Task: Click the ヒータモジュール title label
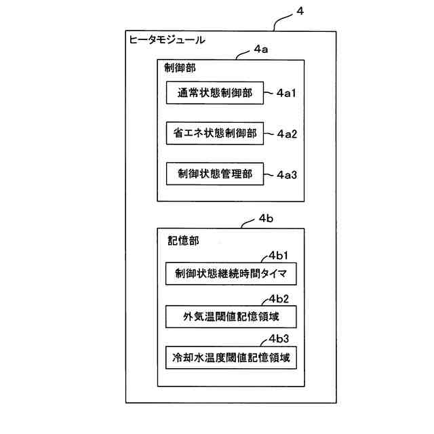click(167, 40)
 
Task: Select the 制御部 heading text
click(180, 68)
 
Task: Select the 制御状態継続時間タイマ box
click(231, 275)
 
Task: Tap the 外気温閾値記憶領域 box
click(231, 316)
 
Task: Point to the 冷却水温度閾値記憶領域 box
click(231, 357)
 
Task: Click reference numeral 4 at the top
click(301, 12)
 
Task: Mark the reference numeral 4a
click(261, 50)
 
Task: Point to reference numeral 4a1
click(287, 93)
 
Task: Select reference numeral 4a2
click(287, 134)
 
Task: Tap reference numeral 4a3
click(287, 174)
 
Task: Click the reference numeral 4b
click(266, 219)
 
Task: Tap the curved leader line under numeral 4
click(281, 22)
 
